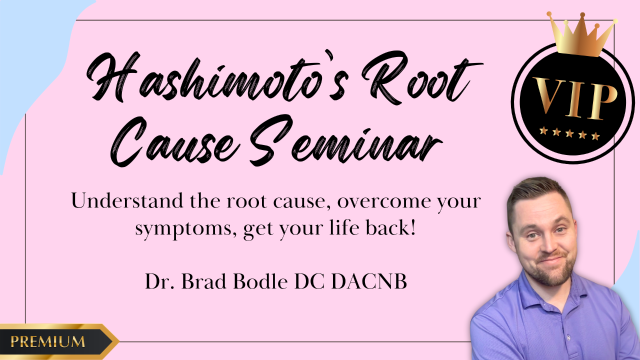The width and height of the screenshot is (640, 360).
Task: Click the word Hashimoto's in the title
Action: coord(217,76)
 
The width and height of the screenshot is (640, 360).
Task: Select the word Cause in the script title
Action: coord(175,142)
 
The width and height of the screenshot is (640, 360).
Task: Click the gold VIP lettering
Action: coord(574,97)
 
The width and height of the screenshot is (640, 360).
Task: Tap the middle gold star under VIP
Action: coord(569,133)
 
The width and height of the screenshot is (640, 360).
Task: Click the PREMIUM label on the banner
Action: coord(47,341)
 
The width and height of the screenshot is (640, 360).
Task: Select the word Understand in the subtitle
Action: coord(127,200)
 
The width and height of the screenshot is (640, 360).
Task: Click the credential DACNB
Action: coord(369,281)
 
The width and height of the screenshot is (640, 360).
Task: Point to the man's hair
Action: coord(537,194)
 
